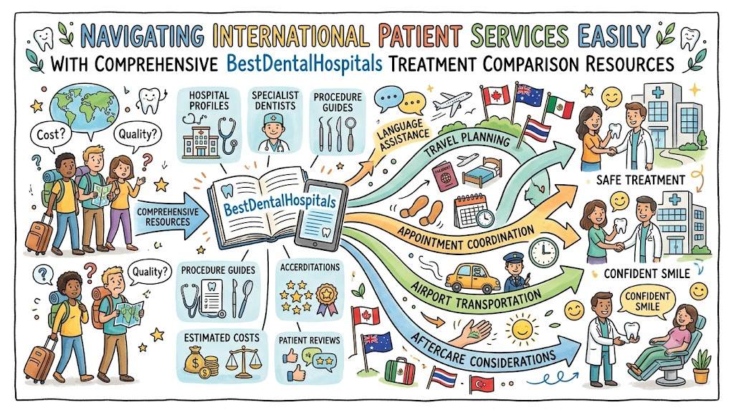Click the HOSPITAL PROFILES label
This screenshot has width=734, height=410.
click(209, 100)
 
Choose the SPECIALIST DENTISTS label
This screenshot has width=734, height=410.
click(275, 100)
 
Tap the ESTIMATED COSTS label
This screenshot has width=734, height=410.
click(221, 338)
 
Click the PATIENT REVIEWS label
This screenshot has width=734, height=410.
click(310, 340)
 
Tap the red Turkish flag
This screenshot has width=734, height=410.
click(481, 385)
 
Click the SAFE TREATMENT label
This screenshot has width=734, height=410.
click(640, 180)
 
